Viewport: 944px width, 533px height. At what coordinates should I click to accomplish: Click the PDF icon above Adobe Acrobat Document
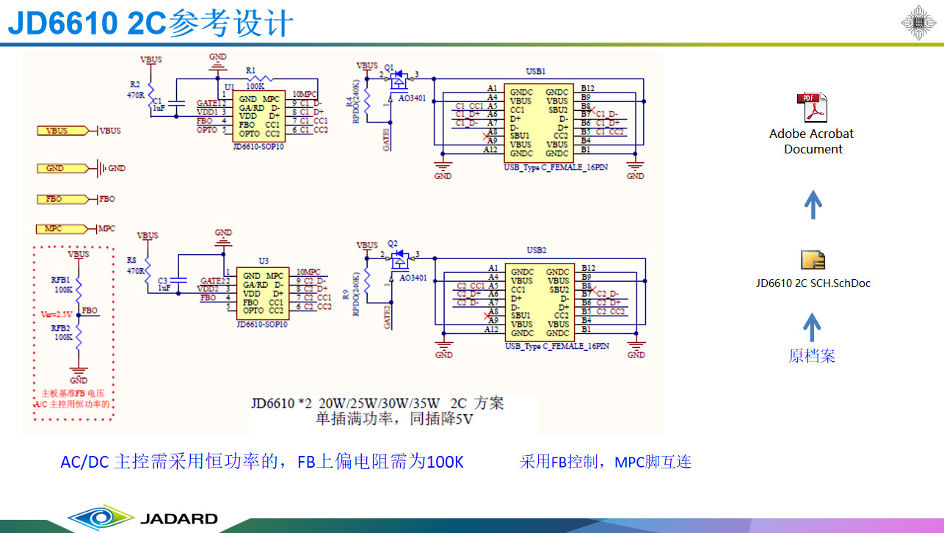click(x=812, y=108)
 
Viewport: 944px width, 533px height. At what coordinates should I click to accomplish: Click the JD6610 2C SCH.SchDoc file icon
click(x=813, y=261)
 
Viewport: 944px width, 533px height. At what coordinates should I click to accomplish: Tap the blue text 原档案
click(x=812, y=356)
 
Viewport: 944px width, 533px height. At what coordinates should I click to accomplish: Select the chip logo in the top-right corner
click(x=918, y=23)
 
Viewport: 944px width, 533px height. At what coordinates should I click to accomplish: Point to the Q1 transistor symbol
click(x=399, y=76)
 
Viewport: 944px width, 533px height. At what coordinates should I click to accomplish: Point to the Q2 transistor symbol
click(x=400, y=257)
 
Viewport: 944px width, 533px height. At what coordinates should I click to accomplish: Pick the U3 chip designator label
click(x=263, y=261)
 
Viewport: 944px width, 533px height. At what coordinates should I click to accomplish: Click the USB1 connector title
click(x=536, y=71)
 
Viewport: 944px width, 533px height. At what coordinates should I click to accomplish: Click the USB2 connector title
click(x=537, y=250)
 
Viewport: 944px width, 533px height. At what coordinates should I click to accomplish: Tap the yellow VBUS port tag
click(x=57, y=131)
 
